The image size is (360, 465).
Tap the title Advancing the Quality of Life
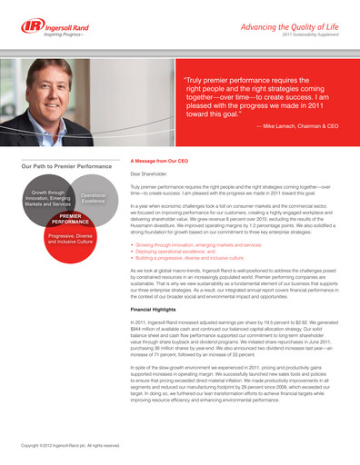[x=292, y=28]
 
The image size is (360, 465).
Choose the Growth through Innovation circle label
[x=46, y=199]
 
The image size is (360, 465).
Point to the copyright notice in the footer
[x=71, y=446]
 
